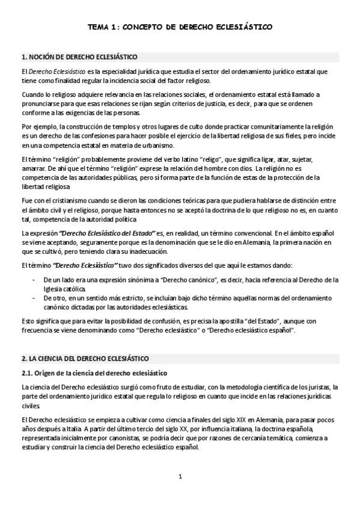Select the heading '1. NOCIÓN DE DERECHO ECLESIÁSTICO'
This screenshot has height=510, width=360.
[x=79, y=57]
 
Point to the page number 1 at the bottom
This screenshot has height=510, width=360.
[x=180, y=477]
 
